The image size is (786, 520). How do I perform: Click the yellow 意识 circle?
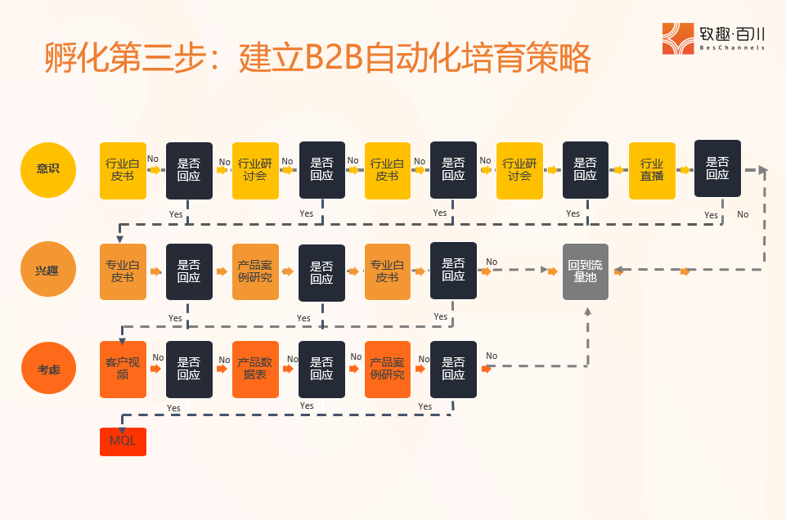[47, 170]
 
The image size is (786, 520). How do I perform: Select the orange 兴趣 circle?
[47, 271]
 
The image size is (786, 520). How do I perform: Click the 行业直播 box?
[652, 170]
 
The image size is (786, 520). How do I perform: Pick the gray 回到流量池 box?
[585, 271]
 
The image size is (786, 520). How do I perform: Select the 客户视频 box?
[123, 370]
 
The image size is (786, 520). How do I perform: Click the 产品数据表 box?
[255, 370]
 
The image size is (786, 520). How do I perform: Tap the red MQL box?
[123, 442]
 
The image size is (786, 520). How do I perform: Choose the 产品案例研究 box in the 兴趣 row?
[255, 271]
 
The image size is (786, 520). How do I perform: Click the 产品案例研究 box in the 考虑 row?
[388, 370]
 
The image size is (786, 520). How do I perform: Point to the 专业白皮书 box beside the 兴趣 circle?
[123, 271]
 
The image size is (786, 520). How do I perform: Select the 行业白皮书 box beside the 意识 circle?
[123, 170]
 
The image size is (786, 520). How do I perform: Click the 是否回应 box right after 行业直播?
[717, 168]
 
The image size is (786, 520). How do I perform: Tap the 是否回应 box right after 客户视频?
[189, 370]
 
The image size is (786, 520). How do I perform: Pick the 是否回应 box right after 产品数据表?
[321, 370]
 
